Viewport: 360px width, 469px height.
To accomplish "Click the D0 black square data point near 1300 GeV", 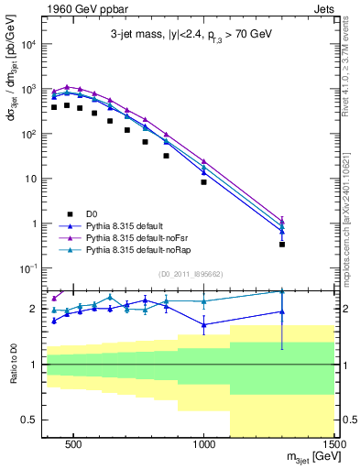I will click(x=282, y=245).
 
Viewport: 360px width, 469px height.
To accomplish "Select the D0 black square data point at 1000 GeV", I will click(x=203, y=181).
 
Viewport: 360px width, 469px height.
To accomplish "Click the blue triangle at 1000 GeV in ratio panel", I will click(x=203, y=324).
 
